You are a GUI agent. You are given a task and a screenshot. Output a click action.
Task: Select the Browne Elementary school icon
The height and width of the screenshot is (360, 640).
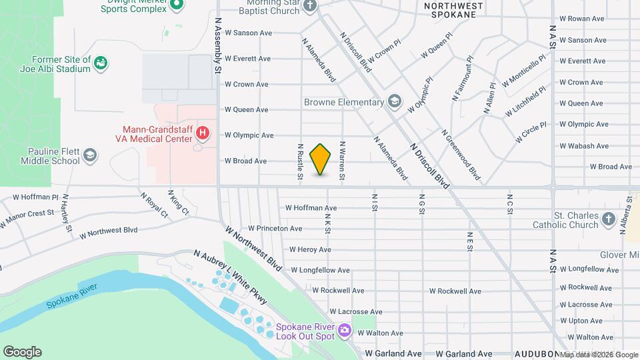[x=395, y=101]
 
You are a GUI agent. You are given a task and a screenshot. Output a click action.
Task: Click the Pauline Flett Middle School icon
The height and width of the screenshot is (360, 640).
[x=90, y=156]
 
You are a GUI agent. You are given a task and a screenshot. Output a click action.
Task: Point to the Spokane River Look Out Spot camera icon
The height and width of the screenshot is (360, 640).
[x=345, y=329]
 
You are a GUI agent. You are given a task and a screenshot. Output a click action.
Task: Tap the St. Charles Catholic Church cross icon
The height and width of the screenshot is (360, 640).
[x=608, y=219]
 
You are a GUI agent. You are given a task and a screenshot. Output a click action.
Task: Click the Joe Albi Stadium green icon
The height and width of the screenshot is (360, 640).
[x=101, y=64]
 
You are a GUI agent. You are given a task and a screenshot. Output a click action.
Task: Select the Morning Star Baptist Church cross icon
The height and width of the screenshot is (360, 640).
[x=309, y=6]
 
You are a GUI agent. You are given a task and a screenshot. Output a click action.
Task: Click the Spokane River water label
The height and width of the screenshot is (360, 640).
[x=72, y=296]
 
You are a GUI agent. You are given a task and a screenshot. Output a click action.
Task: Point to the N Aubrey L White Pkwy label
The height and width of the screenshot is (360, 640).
[x=230, y=277]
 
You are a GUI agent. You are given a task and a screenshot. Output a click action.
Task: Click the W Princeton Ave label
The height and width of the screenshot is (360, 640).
[x=275, y=229]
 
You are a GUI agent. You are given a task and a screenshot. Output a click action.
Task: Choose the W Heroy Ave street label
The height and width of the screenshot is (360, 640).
[x=310, y=250]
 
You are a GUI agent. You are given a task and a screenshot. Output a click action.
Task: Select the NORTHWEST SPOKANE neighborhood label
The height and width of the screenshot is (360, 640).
[x=453, y=9]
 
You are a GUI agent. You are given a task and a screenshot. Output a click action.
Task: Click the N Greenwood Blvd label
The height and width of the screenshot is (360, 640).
[x=461, y=155]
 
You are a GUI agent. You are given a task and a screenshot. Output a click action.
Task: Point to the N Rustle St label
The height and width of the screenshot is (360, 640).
[x=301, y=161]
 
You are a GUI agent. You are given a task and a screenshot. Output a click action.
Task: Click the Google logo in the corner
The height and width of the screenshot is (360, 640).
[x=22, y=352]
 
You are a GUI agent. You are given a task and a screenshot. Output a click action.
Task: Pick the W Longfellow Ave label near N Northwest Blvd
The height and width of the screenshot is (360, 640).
[x=321, y=271]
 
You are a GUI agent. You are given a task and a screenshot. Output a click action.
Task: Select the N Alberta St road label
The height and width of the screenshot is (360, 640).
[x=626, y=215]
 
